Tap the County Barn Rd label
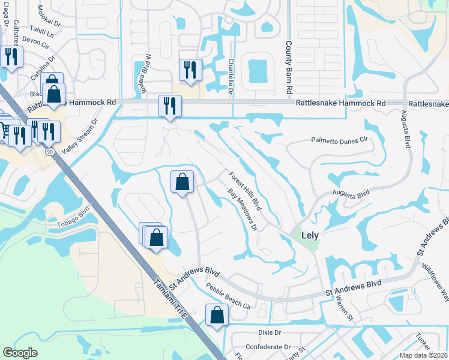(x=289, y=68)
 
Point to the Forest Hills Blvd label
(x=245, y=191)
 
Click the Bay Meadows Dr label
(x=242, y=210)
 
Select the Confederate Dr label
(x=268, y=347)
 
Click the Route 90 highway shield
(x=49, y=152)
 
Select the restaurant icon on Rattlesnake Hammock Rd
(x=170, y=105)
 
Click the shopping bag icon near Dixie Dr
(x=217, y=314)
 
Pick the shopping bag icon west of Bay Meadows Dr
(x=182, y=181)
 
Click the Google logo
(x=20, y=353)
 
